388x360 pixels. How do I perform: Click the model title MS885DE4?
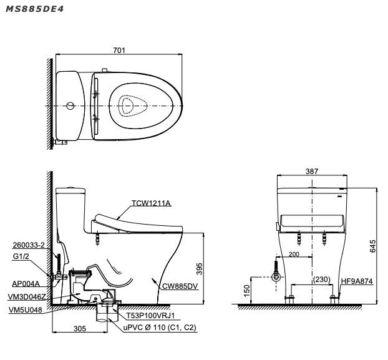(x=35, y=9)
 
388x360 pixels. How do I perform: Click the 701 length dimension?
(x=119, y=51)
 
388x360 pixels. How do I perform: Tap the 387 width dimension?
(x=312, y=171)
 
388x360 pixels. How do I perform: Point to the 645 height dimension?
(x=372, y=246)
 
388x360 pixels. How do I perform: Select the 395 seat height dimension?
(x=199, y=269)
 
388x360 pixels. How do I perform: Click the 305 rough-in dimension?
(x=80, y=329)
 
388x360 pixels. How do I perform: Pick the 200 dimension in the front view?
(x=294, y=254)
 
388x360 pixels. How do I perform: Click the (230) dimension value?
(x=322, y=280)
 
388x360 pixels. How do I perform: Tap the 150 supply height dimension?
(x=247, y=291)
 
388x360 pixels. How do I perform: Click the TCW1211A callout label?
(x=151, y=203)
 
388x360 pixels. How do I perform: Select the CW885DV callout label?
(x=180, y=286)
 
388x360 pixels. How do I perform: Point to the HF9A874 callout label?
(x=357, y=281)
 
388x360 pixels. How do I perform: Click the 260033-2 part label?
(x=29, y=245)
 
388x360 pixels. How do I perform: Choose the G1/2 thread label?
(x=21, y=256)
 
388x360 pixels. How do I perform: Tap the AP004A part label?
(x=26, y=284)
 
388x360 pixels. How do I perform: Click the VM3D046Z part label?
(x=27, y=297)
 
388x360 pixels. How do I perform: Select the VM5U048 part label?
(x=25, y=309)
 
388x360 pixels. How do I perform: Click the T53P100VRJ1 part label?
(x=151, y=316)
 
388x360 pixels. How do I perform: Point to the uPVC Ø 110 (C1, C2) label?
(x=160, y=328)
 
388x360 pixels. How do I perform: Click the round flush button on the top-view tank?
(x=70, y=105)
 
